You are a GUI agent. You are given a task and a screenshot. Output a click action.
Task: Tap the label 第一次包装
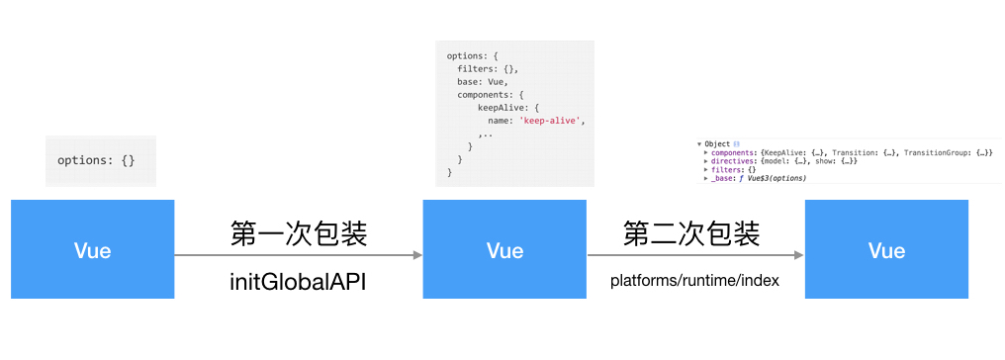pos(298,234)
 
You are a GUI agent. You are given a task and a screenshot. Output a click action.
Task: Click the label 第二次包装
pos(691,234)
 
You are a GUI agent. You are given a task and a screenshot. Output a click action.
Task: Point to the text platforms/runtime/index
pos(694,281)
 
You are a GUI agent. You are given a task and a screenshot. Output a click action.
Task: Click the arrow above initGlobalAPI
pos(298,256)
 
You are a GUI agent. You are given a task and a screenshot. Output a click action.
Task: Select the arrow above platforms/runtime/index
pos(694,256)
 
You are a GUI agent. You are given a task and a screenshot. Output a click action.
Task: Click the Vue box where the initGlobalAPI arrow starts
pos(93,249)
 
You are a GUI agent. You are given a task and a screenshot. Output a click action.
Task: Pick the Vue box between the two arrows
pos(504,249)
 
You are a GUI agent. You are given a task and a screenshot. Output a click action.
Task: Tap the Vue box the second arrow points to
pos(886,249)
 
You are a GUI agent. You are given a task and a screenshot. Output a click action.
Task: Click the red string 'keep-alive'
pos(553,121)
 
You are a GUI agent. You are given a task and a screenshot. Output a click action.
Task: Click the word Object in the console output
pos(717,144)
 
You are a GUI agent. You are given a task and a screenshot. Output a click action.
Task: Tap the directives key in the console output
pos(733,161)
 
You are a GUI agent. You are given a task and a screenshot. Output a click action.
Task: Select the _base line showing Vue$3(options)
pos(758,179)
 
